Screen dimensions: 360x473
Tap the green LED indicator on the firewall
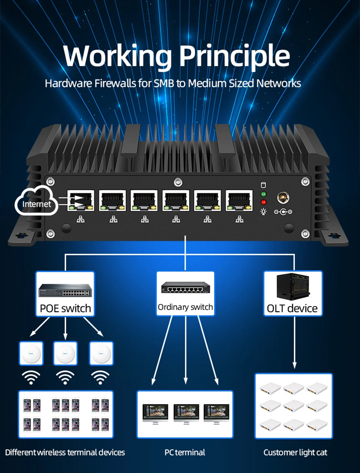point(263,194)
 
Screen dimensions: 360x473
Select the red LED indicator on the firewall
point(263,202)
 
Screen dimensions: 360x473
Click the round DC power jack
point(283,197)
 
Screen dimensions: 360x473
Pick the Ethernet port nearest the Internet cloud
point(81,200)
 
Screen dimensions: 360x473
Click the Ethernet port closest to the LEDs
point(239,200)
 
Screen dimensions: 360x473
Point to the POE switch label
point(65,309)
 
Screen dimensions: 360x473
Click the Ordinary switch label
point(185,307)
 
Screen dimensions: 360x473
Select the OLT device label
point(292,309)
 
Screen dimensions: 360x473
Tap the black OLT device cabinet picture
point(293,287)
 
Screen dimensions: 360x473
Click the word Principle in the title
point(235,56)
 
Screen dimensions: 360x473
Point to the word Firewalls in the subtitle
point(115,83)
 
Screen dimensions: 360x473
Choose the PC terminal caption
point(185,452)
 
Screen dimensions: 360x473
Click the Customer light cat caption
point(295,453)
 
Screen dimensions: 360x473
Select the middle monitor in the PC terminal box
point(186,414)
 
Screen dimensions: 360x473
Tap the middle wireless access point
point(65,353)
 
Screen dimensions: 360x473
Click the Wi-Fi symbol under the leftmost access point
point(31,377)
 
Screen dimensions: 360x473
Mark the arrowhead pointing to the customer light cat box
point(294,365)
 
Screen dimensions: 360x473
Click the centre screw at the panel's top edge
point(178,182)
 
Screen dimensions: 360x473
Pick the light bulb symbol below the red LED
point(263,212)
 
